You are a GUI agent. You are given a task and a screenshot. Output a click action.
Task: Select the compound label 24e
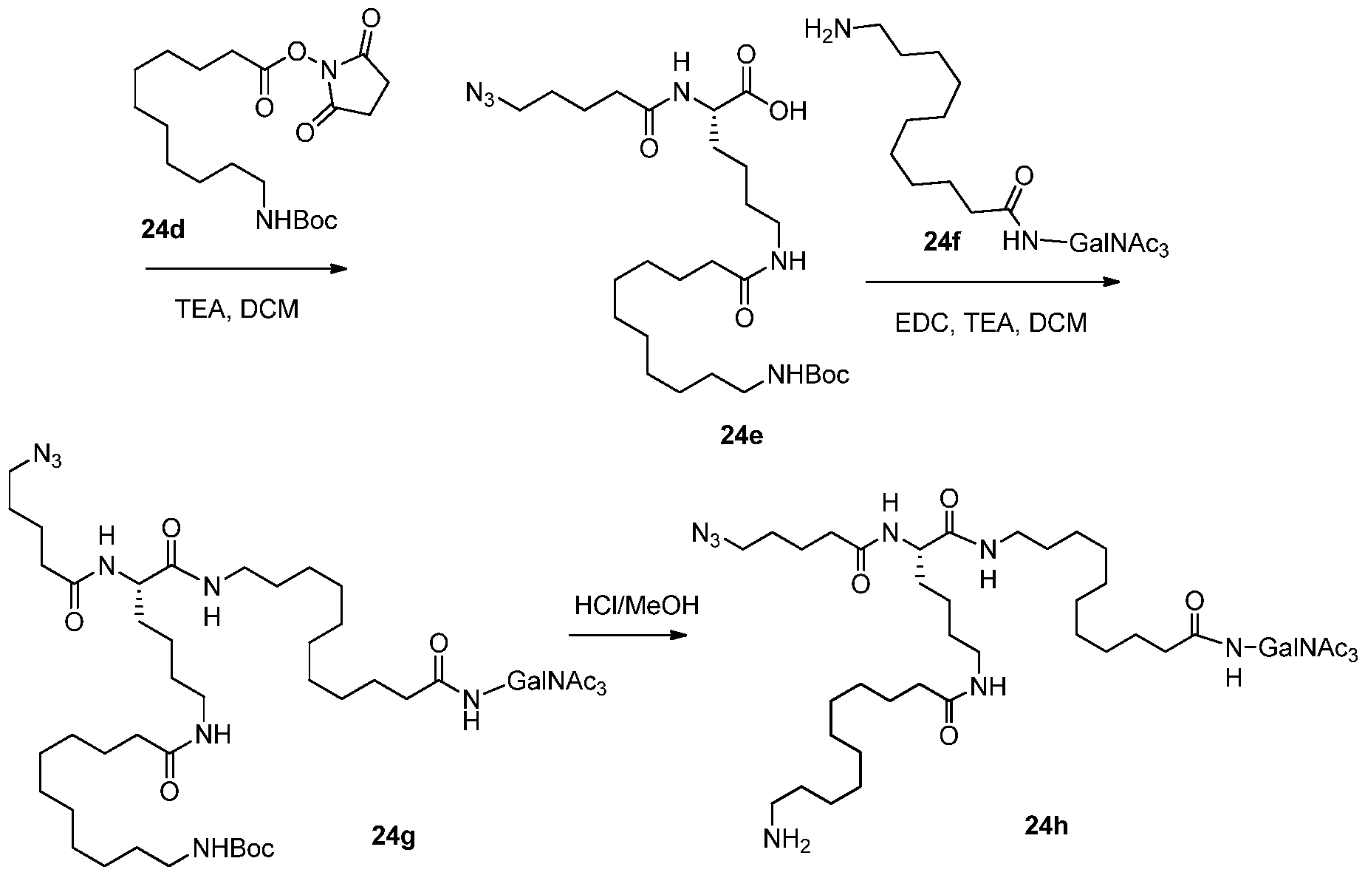point(741,436)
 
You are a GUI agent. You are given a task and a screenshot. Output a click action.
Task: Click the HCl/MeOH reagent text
point(637,606)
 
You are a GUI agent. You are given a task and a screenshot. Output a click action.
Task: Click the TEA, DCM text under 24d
point(236,308)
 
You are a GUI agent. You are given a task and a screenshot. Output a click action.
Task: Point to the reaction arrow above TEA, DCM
point(246,269)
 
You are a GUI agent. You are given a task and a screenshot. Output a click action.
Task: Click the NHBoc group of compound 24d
point(296,219)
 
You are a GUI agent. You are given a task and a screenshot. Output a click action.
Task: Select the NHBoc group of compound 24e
point(809,374)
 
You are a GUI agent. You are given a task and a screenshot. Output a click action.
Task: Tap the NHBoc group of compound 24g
point(233,848)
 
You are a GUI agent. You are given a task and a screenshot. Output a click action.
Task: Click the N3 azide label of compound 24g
point(45,458)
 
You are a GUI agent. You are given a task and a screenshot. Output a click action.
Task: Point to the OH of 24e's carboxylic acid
point(789,111)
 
